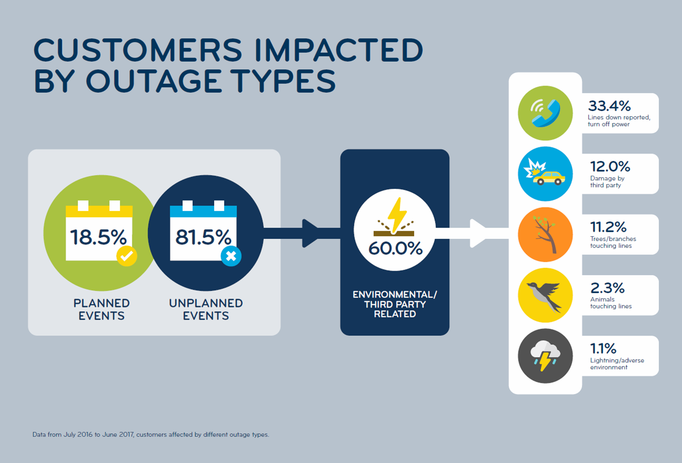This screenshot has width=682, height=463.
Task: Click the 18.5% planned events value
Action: (99, 237)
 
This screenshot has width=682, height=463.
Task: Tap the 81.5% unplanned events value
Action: (203, 237)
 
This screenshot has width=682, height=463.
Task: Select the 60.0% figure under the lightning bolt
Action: (395, 248)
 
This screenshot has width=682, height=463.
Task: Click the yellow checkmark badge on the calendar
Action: (127, 256)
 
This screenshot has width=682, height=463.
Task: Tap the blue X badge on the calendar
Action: (231, 256)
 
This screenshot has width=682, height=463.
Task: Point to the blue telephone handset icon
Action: (546, 113)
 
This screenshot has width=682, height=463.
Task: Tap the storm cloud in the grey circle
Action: (545, 355)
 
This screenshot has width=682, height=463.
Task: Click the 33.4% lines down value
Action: (610, 106)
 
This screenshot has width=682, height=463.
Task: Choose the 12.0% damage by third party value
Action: (610, 167)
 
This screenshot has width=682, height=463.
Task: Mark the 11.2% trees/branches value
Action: (608, 227)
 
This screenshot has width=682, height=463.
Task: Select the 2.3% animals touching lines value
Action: (607, 288)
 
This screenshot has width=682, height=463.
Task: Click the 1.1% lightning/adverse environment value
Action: (603, 349)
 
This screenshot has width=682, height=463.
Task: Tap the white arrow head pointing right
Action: (478, 233)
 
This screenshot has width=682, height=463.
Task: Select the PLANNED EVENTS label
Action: (102, 309)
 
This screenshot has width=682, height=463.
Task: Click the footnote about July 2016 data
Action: (151, 435)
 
